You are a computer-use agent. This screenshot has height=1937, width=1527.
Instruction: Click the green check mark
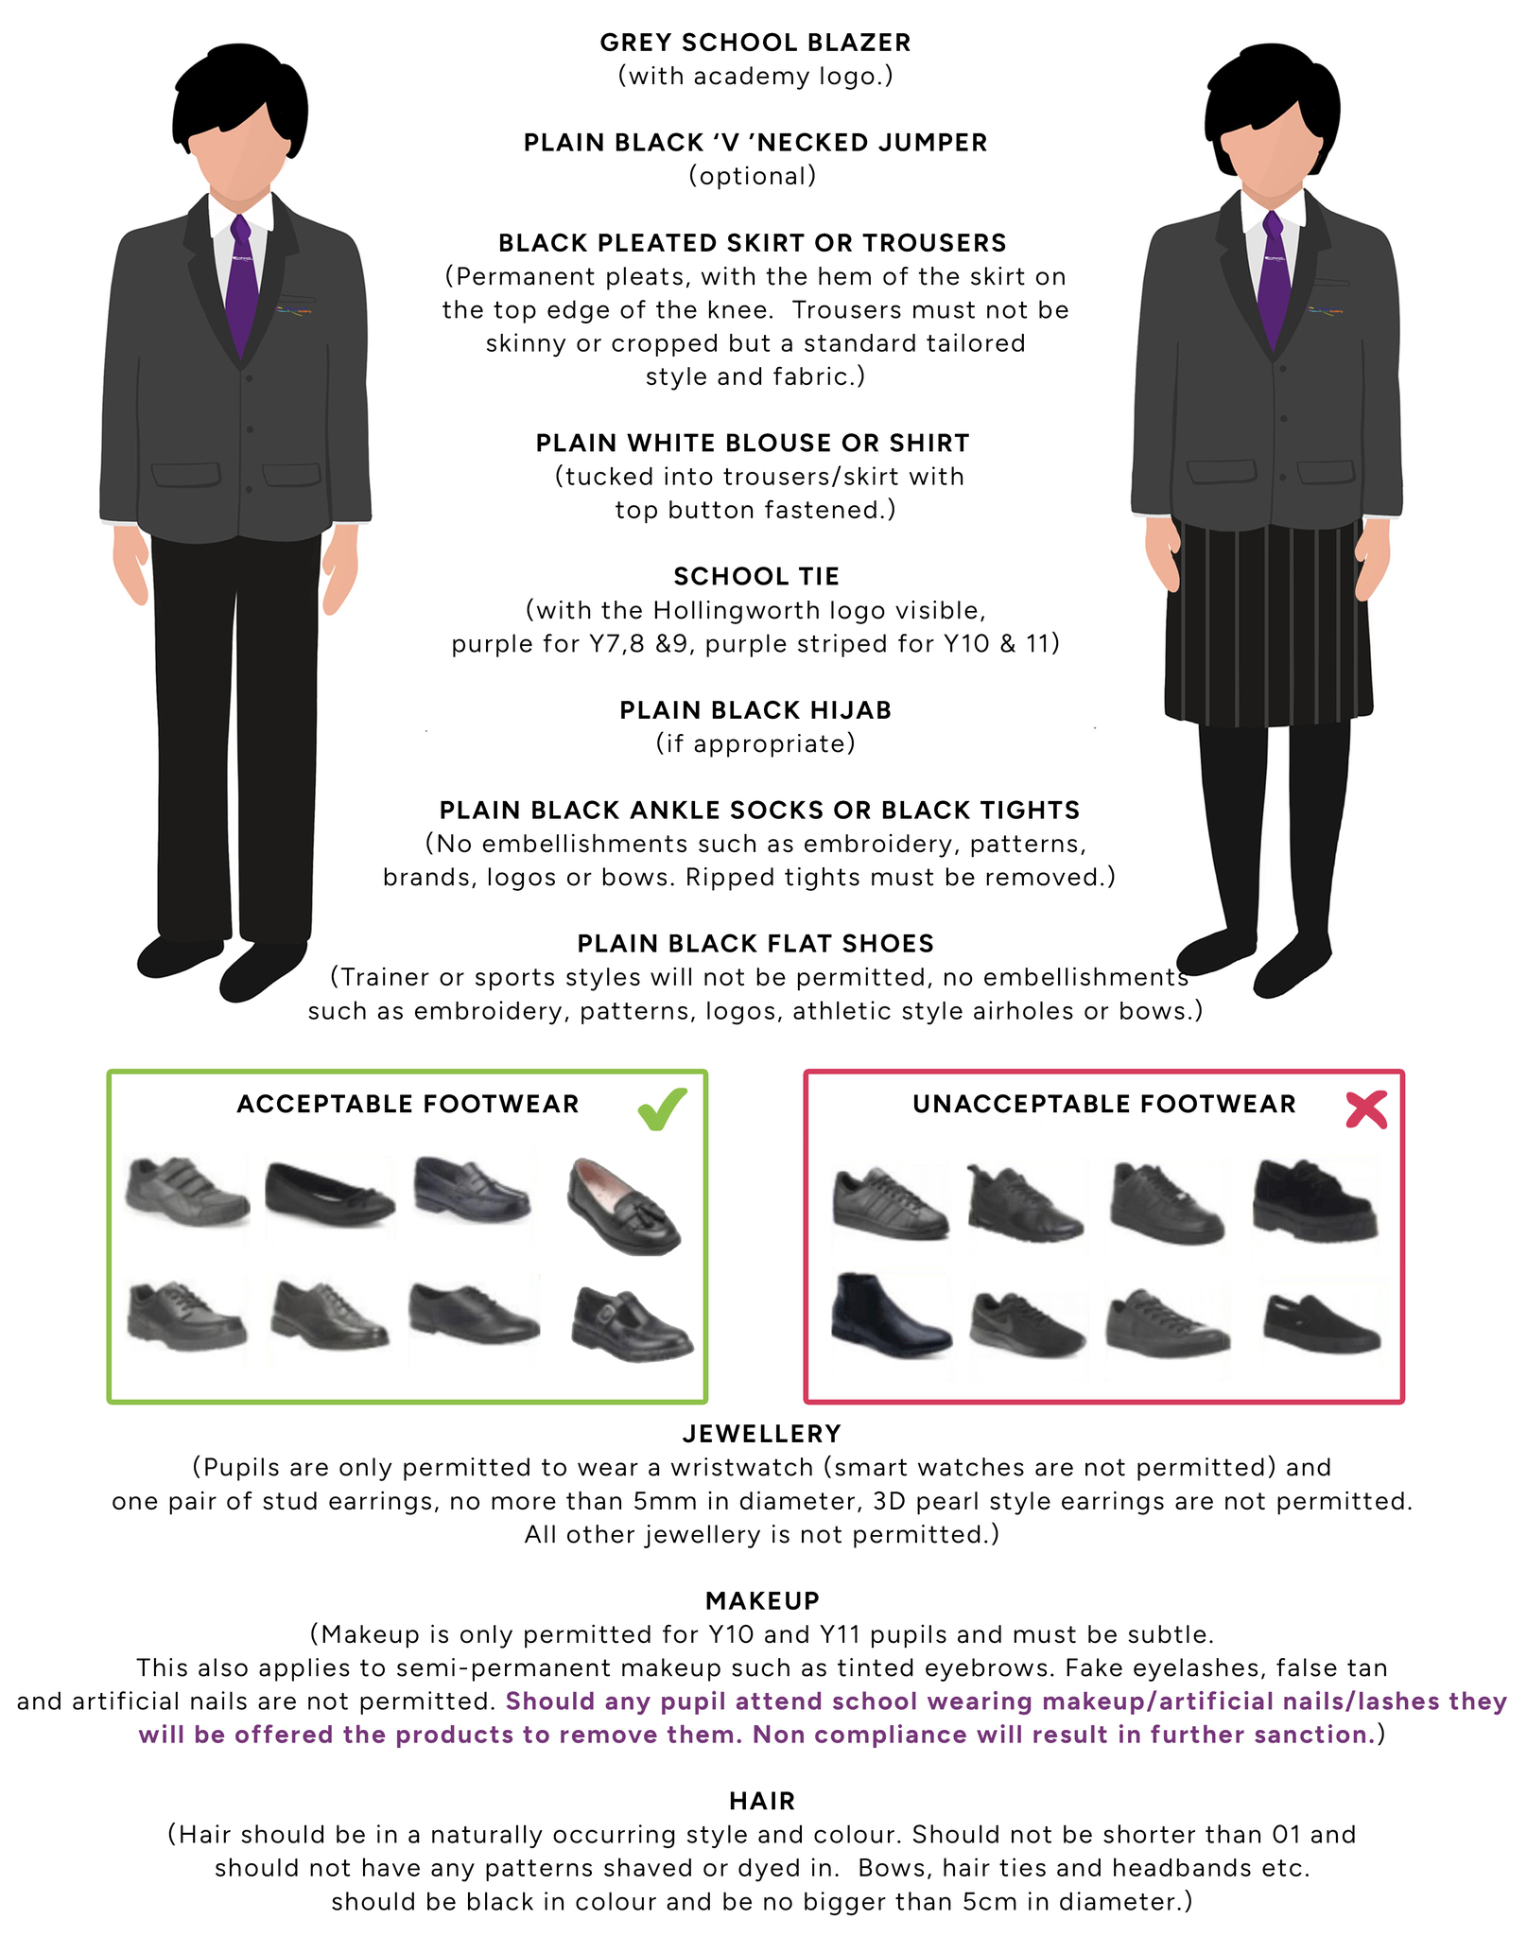pyautogui.click(x=662, y=1108)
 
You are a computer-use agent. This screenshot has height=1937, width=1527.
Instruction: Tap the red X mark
pyautogui.click(x=1366, y=1109)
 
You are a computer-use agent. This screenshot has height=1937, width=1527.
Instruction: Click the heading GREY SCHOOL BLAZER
pyautogui.click(x=755, y=43)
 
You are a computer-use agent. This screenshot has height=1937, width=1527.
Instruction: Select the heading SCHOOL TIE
pyautogui.click(x=756, y=576)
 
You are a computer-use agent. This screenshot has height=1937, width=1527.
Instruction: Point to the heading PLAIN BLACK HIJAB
pyautogui.click(x=755, y=710)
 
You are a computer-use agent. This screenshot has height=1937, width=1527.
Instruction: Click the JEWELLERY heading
pyautogui.click(x=762, y=1434)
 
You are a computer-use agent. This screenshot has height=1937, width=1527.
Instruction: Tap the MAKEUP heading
pyautogui.click(x=763, y=1600)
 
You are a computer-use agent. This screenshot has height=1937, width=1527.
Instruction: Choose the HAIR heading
pyautogui.click(x=762, y=1801)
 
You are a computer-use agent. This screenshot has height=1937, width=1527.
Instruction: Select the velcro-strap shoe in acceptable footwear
pyautogui.click(x=186, y=1191)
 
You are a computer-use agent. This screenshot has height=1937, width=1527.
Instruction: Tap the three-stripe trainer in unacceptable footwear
pyautogui.click(x=890, y=1204)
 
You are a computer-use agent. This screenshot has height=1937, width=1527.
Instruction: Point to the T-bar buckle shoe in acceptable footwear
pyautogui.click(x=632, y=1324)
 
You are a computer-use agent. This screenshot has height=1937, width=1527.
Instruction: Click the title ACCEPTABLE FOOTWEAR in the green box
pyautogui.click(x=408, y=1105)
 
